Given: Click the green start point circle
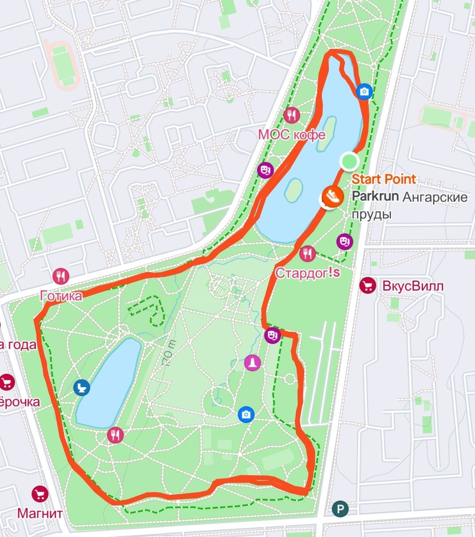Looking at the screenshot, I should coord(349,161).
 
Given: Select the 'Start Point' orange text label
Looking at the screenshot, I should coord(383,179).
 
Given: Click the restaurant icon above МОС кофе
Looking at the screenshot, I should coord(291,115).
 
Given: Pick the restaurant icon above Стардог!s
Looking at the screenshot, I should coord(307,254).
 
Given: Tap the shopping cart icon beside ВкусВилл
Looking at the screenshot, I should coord(367,285).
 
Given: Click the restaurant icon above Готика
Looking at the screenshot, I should coord(61,277).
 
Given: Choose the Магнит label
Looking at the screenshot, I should coord(40,512).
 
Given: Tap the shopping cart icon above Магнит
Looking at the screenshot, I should coord(40,494).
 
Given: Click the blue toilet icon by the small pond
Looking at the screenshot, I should coord(82,388).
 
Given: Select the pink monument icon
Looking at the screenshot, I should coord(252,362).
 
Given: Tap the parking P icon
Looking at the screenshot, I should coord(340,509).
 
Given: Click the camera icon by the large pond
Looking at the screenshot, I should coord(365,91).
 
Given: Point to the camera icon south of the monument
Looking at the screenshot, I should coord(246,414).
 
